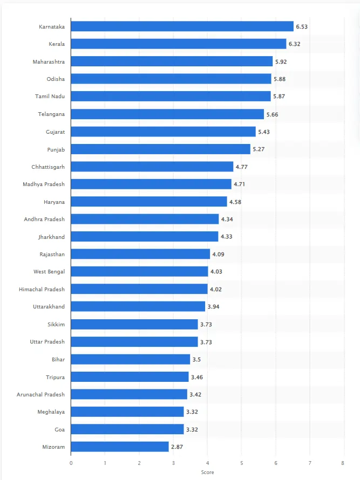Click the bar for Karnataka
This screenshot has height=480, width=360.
[182, 26]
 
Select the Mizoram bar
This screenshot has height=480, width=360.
[120, 447]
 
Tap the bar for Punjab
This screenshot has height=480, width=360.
[160, 149]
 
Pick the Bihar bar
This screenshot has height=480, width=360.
[130, 359]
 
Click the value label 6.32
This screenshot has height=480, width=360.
[295, 44]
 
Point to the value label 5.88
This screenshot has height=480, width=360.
[280, 79]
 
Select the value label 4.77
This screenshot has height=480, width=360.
[241, 167]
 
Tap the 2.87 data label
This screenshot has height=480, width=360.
[177, 447]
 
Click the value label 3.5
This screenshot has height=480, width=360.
[196, 359]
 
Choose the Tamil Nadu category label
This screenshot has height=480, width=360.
[50, 97]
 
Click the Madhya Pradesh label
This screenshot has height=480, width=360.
[44, 184]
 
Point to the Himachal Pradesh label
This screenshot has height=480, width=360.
[42, 289]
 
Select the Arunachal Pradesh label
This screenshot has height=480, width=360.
[40, 394]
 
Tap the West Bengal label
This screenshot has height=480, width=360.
[49, 272]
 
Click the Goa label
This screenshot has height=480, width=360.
[59, 429]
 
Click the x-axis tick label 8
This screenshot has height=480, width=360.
[343, 463]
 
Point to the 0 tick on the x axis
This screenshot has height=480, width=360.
[71, 463]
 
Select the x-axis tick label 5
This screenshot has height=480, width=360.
[241, 463]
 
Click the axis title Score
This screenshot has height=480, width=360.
[207, 472]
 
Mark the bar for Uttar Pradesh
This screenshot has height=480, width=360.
[134, 341]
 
